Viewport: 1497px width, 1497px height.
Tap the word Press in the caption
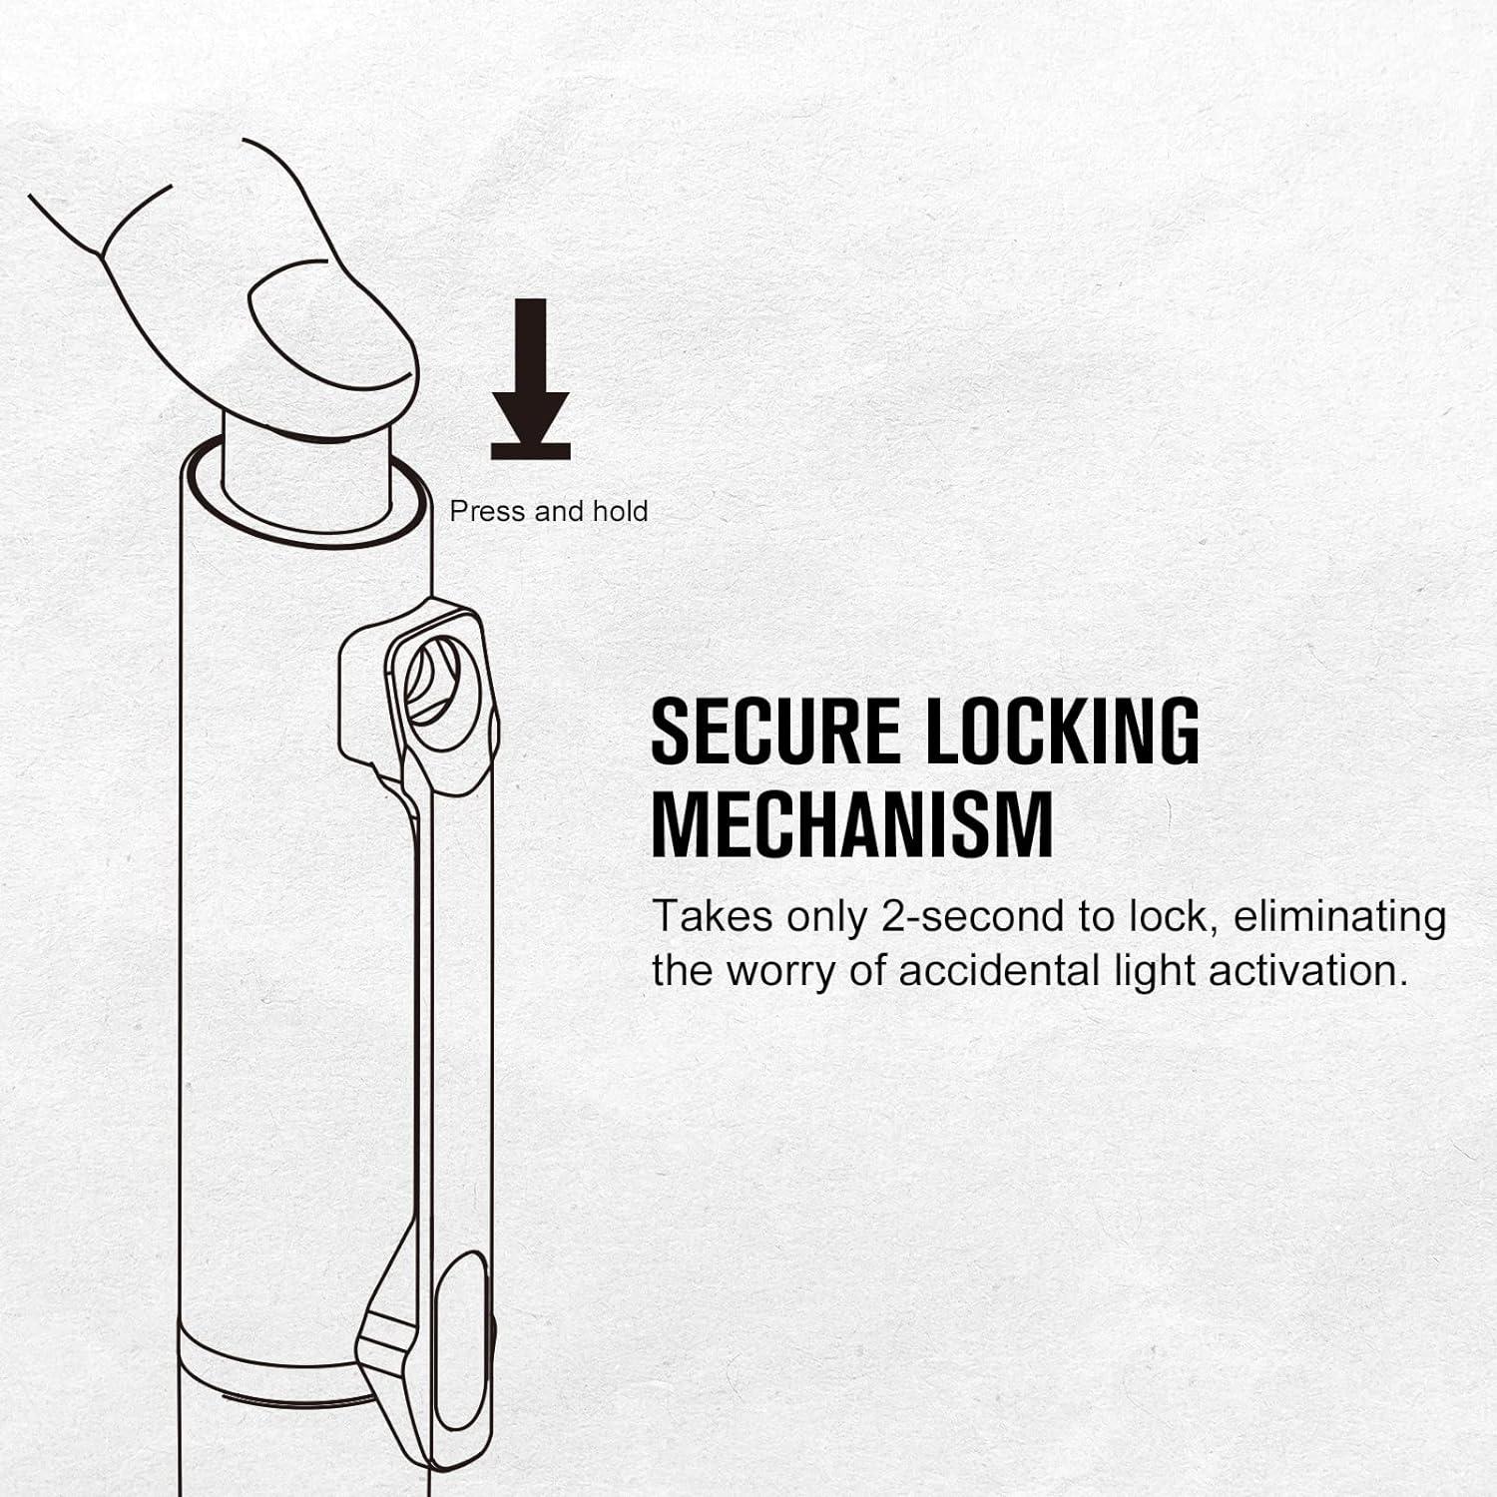pos(487,511)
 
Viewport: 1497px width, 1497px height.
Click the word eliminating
pos(1339,917)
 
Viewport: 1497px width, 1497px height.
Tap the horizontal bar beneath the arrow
pos(530,452)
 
